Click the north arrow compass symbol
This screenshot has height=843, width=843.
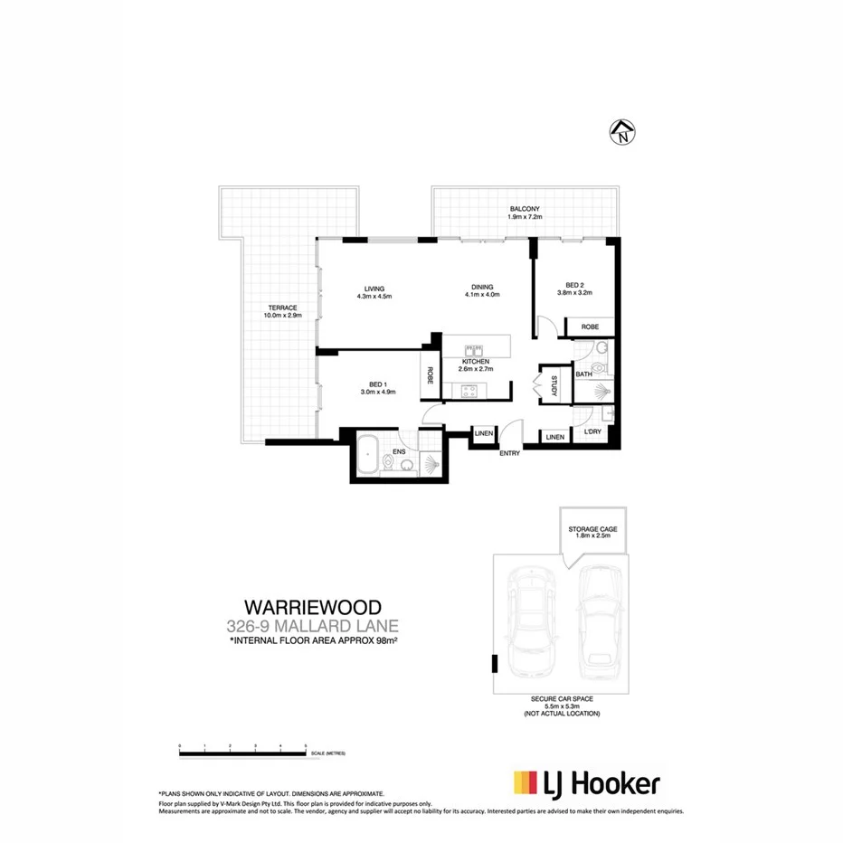point(623,133)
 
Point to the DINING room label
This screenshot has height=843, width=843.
point(482,290)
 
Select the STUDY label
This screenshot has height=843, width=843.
point(554,384)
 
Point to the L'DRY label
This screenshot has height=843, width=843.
point(592,432)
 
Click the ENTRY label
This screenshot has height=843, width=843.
point(510,453)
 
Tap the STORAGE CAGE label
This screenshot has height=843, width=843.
point(592,531)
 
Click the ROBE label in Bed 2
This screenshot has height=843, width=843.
point(590,327)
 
